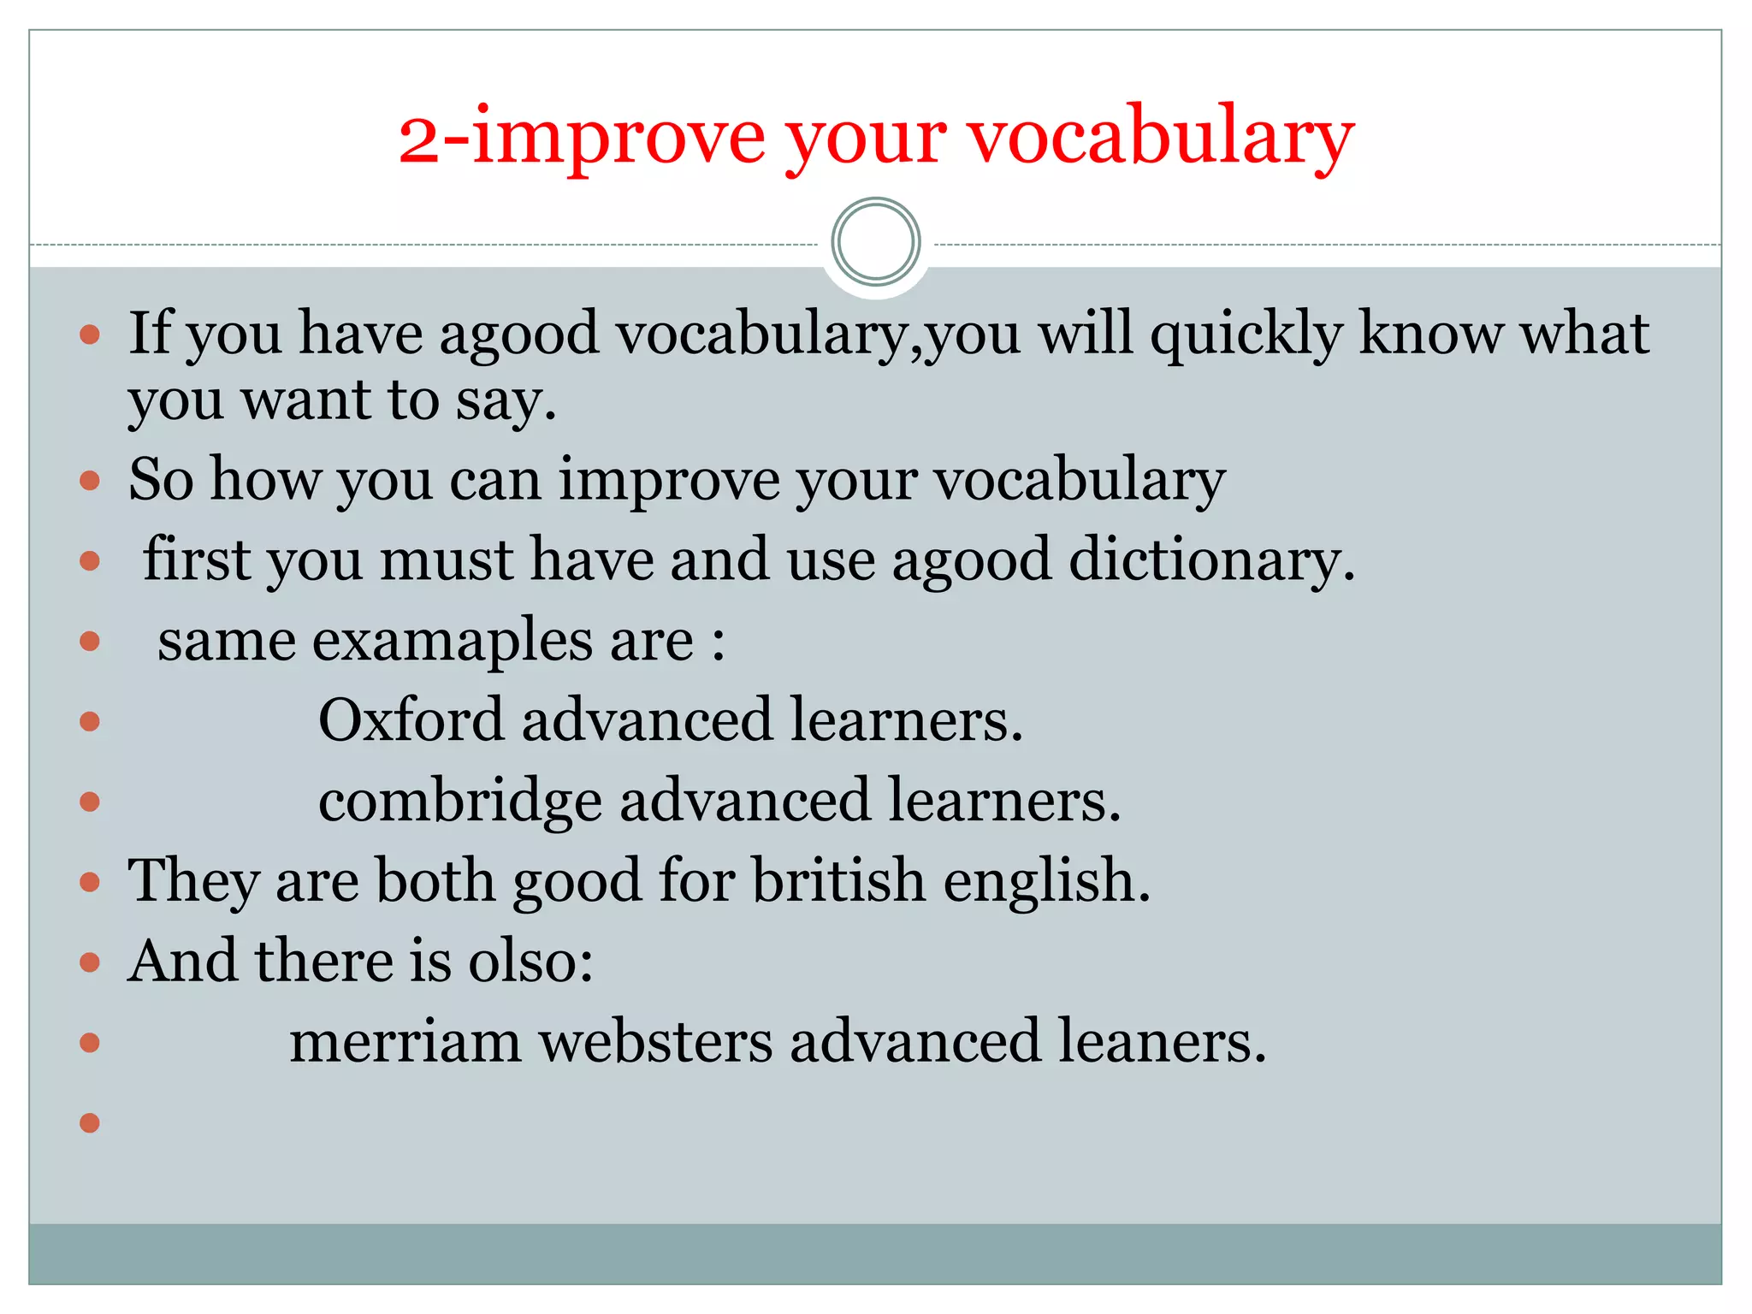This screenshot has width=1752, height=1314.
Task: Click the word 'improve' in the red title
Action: (x=619, y=140)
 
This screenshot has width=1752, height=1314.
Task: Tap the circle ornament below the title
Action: (x=875, y=242)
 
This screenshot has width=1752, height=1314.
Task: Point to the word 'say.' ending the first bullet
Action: (x=506, y=402)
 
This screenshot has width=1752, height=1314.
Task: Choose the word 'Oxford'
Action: (x=411, y=719)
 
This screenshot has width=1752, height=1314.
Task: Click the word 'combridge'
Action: (x=460, y=802)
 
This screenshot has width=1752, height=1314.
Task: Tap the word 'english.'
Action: (x=1047, y=880)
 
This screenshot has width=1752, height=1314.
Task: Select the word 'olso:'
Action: (x=530, y=961)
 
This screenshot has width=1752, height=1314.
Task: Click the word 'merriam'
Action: (x=405, y=1042)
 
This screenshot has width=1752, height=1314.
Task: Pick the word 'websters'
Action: (x=655, y=1042)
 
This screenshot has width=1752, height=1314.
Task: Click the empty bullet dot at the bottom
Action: (x=90, y=1122)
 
